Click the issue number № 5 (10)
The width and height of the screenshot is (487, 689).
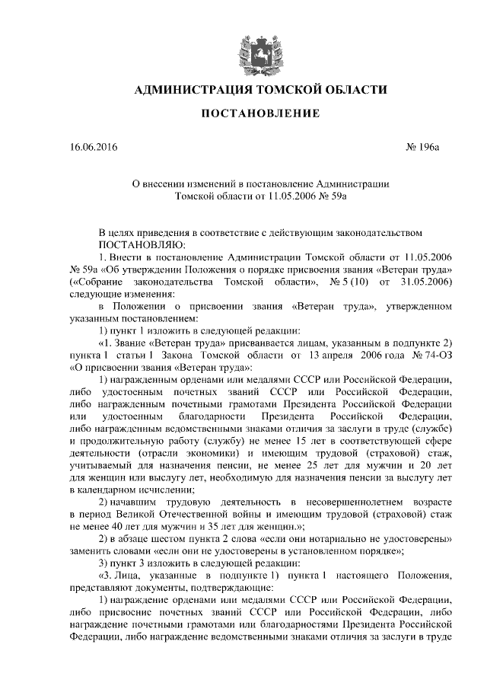[348, 281]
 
